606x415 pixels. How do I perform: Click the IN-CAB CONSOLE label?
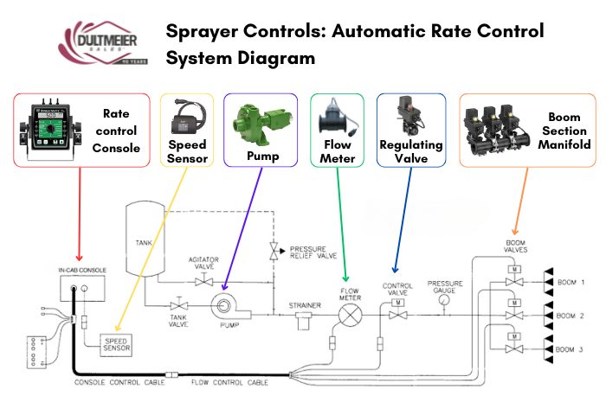(77, 271)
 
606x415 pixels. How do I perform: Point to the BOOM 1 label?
(571, 283)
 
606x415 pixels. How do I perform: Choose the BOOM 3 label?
(571, 348)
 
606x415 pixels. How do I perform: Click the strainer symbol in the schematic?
(303, 322)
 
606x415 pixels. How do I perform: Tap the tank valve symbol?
(179, 306)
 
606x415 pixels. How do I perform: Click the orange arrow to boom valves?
(521, 199)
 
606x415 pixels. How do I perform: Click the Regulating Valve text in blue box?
(411, 150)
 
